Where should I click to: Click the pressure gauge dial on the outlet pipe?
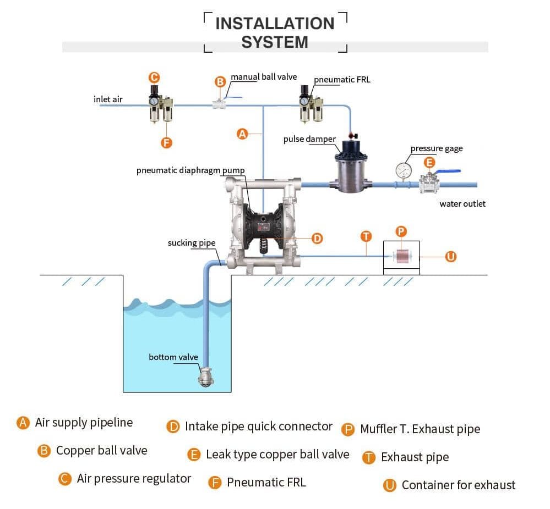coord(404,171)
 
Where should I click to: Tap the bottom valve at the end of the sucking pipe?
coord(205,377)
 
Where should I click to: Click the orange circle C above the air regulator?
coord(154,78)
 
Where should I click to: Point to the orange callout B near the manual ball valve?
coord(220,81)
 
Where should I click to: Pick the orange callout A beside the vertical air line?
coord(242,134)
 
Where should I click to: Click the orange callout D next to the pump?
coord(317,239)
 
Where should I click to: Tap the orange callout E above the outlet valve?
coord(429,162)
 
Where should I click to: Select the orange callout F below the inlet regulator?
coord(166,142)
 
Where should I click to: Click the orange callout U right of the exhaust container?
coord(451,257)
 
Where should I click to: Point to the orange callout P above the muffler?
coord(401,231)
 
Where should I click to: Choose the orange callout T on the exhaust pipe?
coord(366,236)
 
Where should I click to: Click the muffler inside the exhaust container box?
coord(402,256)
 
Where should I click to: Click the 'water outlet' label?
coord(462,203)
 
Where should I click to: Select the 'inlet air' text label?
coord(108,99)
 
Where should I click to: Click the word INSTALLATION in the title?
coord(275,24)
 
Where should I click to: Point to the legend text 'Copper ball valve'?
coord(102,451)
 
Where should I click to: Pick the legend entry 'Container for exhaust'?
coord(459,485)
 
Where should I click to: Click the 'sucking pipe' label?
coord(192,243)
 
